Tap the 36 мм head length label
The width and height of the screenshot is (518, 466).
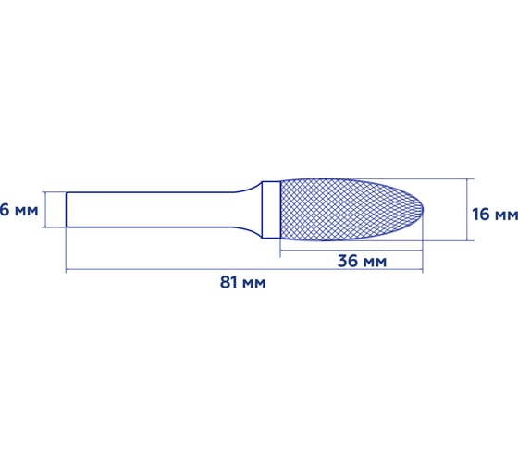(x=362, y=261)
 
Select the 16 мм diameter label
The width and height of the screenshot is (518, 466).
(x=494, y=214)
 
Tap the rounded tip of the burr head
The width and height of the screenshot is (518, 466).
(x=422, y=210)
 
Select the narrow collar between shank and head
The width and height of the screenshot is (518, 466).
(x=271, y=210)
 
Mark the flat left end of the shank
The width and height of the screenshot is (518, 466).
(x=68, y=210)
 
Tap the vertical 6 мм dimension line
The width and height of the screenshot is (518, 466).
(x=44, y=210)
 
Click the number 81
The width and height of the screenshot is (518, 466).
(x=230, y=282)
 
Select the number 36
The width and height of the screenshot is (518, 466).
(x=348, y=261)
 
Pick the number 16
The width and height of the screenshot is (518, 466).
(x=481, y=214)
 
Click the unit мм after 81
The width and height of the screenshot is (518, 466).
(x=254, y=282)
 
